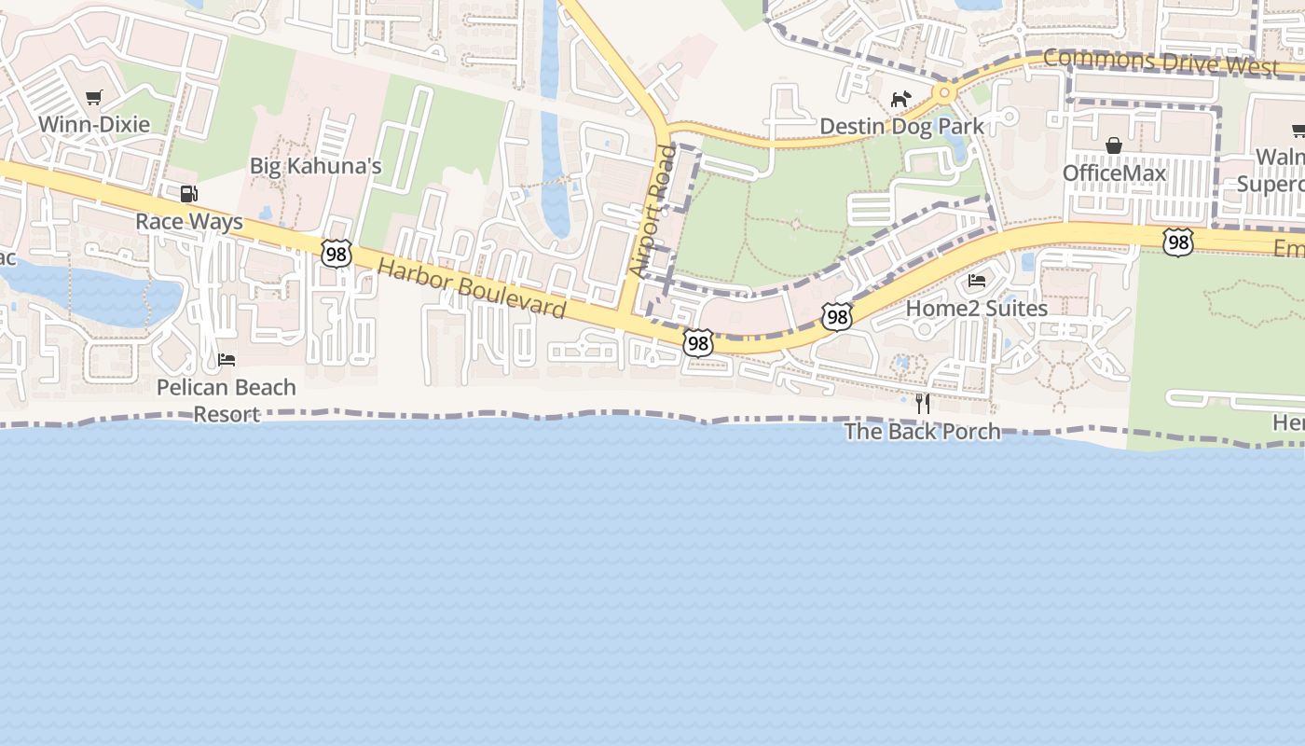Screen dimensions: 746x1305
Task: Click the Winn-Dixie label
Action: tap(93, 123)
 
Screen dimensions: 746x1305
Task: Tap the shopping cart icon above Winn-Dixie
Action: tap(93, 97)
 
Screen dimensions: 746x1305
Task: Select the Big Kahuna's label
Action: tap(315, 166)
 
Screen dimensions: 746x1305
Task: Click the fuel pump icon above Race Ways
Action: tap(188, 194)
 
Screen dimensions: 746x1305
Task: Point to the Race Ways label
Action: tap(188, 221)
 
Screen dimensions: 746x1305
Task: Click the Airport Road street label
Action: tap(652, 211)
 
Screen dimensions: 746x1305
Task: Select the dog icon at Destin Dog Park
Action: tap(900, 99)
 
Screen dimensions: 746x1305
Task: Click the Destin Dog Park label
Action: tap(901, 126)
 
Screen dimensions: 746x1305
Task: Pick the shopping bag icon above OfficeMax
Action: tap(1113, 145)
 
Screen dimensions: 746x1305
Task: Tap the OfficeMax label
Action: tap(1114, 173)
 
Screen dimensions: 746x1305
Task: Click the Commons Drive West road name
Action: tap(1161, 62)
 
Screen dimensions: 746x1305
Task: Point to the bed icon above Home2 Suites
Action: tap(977, 280)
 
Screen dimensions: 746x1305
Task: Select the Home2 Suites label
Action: tap(976, 308)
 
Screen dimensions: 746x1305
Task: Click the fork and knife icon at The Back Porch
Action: tap(923, 403)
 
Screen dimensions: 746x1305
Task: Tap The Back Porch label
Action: tap(922, 431)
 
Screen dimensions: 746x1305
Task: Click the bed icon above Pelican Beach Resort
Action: tap(227, 359)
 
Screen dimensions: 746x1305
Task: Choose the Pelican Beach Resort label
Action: tap(227, 400)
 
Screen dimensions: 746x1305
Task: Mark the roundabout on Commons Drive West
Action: tap(945, 92)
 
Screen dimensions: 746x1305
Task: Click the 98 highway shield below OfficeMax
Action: tap(1178, 243)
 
